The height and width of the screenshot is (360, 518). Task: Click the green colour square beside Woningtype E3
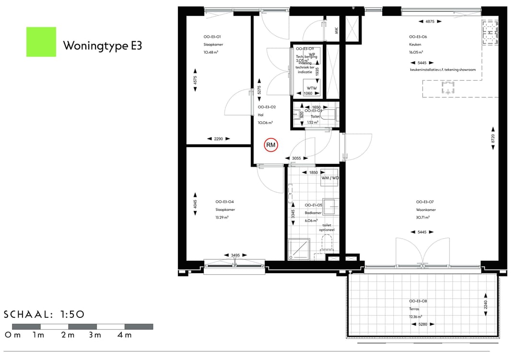[41, 42]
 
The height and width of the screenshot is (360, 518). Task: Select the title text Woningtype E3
[102, 46]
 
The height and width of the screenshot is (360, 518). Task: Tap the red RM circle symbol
[271, 145]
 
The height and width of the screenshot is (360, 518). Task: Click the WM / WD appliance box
[330, 178]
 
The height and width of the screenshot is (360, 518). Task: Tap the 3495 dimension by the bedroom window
[235, 255]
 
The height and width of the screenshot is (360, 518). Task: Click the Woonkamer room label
[425, 210]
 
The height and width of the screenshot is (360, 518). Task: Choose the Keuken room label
[415, 45]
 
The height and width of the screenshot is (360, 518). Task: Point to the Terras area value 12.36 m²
[415, 316]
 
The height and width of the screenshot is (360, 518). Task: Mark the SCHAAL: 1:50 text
[44, 314]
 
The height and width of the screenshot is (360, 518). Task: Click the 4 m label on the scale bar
[124, 335]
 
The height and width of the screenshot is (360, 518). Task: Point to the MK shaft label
[336, 31]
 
